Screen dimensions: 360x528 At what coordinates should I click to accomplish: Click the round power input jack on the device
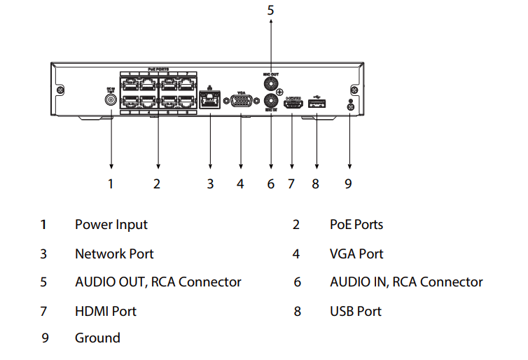tap(110, 99)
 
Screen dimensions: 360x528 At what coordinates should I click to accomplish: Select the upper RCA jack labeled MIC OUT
tap(271, 82)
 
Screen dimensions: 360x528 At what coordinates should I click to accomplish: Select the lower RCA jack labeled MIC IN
tap(271, 102)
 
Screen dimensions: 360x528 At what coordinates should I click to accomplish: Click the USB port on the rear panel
tap(317, 104)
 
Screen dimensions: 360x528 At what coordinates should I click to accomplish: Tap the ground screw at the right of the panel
tap(349, 106)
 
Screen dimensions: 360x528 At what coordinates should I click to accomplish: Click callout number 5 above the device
tap(271, 11)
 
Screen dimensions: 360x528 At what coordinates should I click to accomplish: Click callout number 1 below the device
tap(110, 184)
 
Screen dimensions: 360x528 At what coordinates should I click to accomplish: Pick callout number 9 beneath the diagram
tap(348, 184)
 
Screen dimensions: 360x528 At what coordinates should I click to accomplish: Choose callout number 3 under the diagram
tap(210, 184)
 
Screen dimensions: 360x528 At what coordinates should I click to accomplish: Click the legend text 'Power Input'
tap(111, 225)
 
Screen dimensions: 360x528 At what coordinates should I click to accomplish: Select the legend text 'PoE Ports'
tap(356, 225)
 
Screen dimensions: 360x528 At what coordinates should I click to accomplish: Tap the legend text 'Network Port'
tap(114, 254)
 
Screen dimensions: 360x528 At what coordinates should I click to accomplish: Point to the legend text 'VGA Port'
tap(356, 254)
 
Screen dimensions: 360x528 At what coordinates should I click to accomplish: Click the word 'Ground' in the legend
tap(97, 338)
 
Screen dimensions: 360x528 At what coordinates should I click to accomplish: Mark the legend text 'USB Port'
tap(356, 310)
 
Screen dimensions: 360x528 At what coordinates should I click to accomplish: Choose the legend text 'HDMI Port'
tap(106, 310)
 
